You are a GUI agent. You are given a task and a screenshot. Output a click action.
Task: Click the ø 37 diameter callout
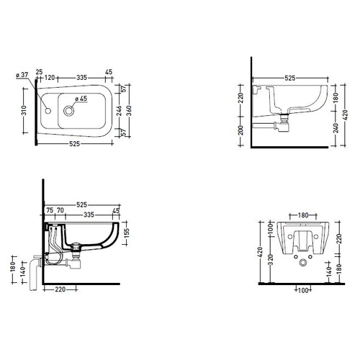coord(22,75)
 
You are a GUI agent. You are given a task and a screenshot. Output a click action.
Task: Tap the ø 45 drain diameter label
coord(81,99)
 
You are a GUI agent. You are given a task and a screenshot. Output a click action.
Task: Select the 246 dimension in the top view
coord(120,111)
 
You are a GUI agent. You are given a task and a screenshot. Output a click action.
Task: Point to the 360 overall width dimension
coord(129,111)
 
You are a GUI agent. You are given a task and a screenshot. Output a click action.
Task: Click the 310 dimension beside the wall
coord(24,111)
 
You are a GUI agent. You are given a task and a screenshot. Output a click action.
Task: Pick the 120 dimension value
coord(50,78)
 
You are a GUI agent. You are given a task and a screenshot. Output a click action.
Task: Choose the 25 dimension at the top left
coord(39,71)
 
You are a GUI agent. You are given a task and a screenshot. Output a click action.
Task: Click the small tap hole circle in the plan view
coord(48,111)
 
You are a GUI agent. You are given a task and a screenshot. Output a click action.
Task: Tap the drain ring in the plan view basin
coord(69,111)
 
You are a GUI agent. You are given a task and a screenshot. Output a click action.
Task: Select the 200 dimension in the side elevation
coord(241,130)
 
